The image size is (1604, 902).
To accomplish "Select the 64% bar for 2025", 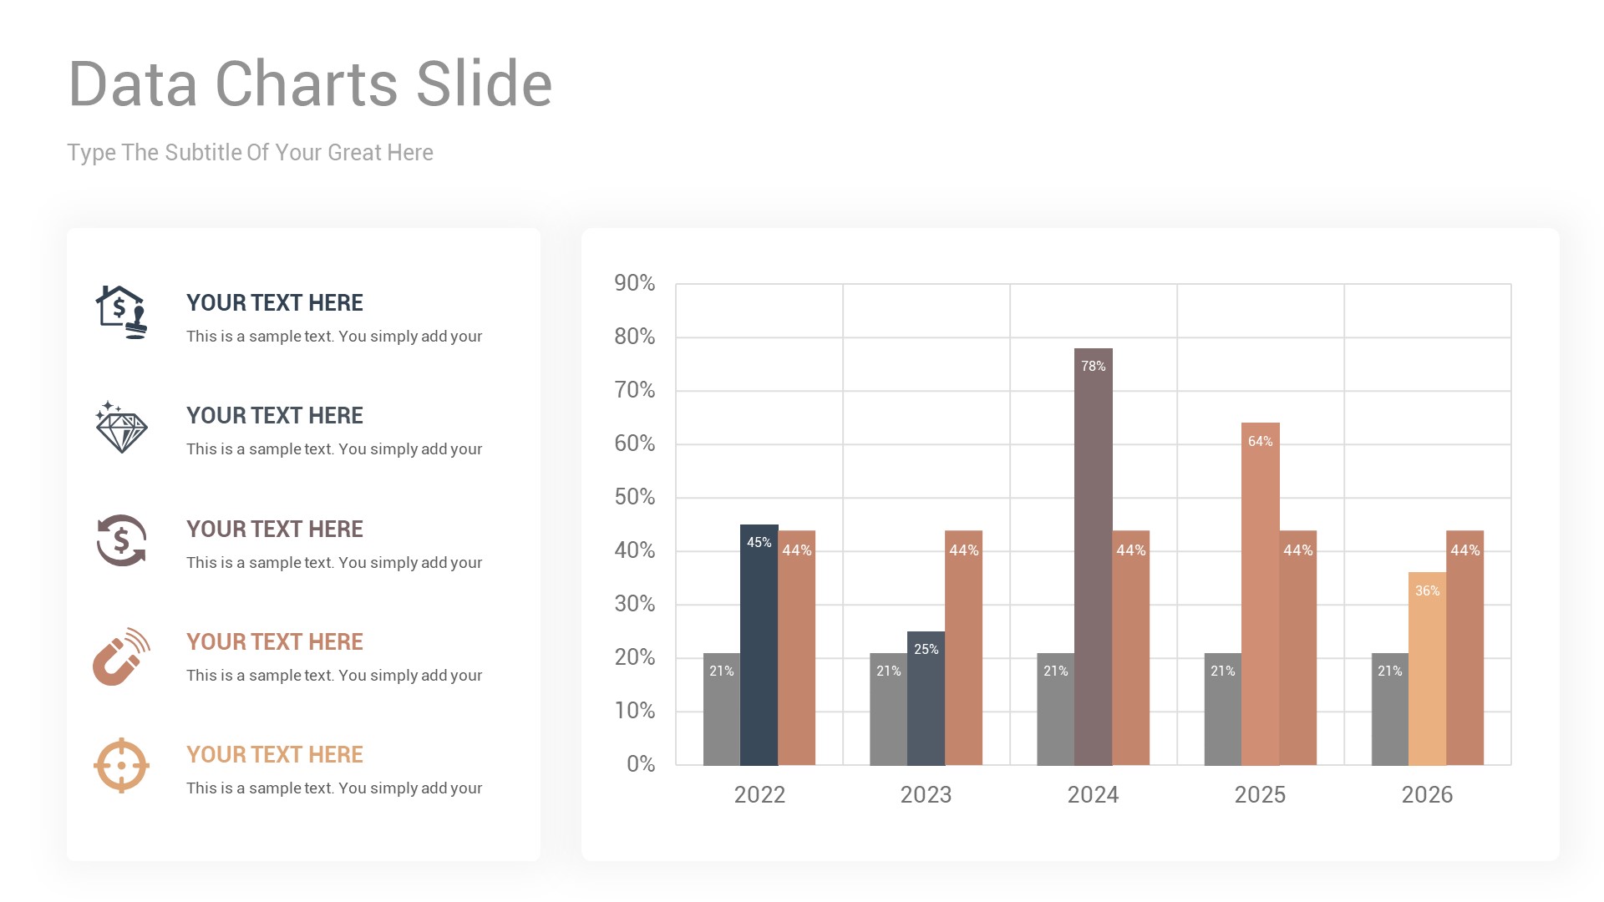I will pos(1260,593).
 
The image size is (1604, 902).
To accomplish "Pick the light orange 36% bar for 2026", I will pos(1427,668).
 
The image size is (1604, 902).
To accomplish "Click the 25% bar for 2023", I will pos(926,698).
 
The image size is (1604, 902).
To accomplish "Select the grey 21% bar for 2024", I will pos(1055,709).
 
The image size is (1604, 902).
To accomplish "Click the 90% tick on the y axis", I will pos(635,283).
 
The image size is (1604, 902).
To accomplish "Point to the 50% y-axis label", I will pos(635,497).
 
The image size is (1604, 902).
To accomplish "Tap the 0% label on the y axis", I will pos(641,764).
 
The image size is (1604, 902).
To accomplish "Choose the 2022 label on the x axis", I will pos(759,794).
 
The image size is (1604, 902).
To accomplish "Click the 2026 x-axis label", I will pos(1427,794).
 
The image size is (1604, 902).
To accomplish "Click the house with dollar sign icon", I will pos(121,312).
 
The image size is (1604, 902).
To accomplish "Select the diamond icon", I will pos(121,428).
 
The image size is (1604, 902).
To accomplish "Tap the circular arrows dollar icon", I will pos(121,540).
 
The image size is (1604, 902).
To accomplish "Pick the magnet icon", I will pos(120,656).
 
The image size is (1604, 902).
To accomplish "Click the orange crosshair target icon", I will pos(121,765).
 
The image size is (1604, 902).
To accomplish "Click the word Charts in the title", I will pos(307,84).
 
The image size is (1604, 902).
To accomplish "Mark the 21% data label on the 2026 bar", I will pos(1389,671).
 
